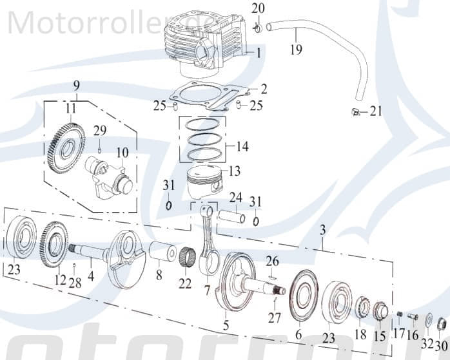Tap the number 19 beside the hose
tap(296, 50)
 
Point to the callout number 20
tap(257, 9)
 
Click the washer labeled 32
tap(428, 319)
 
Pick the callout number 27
tap(274, 317)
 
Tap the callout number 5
tap(225, 326)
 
